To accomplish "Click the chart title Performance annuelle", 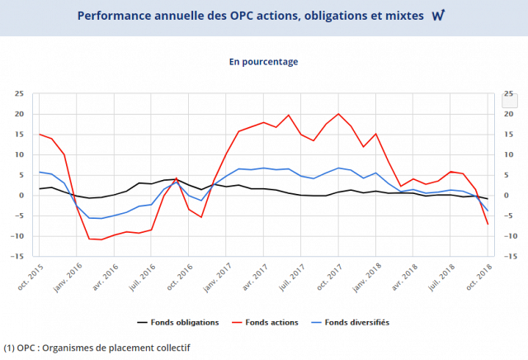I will coord(252,16).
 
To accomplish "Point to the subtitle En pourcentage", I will coord(264,61).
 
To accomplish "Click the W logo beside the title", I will coord(439,16).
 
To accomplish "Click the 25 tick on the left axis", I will coord(19,93).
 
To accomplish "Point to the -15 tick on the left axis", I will coord(17,256).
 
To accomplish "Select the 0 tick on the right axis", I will coord(506,196).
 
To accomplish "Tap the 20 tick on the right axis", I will coord(508,114).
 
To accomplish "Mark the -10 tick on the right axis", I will coord(510,236).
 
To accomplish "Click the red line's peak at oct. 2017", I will coord(338,114).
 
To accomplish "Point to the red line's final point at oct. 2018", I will coord(488,224).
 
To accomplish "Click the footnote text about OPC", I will coord(97,348).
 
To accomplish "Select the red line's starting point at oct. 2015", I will coord(39,134).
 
